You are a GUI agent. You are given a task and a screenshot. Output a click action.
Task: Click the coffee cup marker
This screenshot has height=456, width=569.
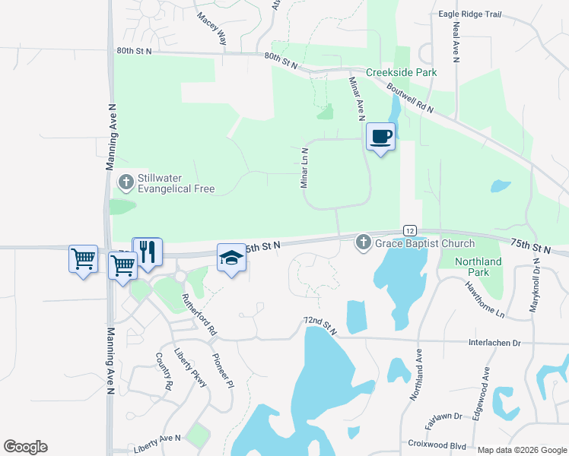click(x=381, y=137)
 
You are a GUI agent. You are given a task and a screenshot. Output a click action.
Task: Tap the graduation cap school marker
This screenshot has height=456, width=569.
click(x=232, y=258)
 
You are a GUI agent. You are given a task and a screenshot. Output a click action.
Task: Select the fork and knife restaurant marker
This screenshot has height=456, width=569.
click(x=148, y=252)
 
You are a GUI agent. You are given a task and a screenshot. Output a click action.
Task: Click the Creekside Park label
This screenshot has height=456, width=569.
click(x=402, y=72)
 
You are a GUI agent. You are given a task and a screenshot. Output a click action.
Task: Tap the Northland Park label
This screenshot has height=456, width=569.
click(x=478, y=268)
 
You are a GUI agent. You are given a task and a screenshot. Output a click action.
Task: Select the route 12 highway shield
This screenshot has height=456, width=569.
click(x=409, y=230)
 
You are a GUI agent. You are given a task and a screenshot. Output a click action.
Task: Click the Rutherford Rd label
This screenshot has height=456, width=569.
click(x=199, y=313)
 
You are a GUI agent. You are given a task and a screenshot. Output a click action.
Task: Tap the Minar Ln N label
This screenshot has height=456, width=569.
click(x=304, y=168)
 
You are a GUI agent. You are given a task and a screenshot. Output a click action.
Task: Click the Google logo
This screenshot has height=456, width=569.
click(x=25, y=447)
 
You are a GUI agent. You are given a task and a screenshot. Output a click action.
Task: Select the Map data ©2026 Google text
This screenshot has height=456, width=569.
click(x=522, y=450)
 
